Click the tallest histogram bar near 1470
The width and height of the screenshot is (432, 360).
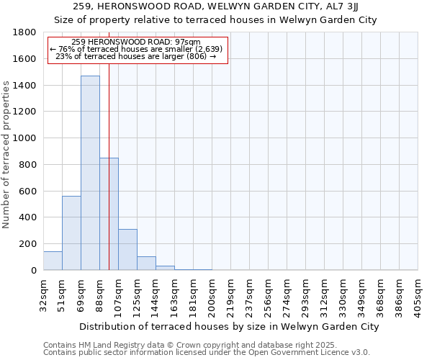pyautogui.click(x=90, y=173)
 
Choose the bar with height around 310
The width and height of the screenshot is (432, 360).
pyautogui.click(x=127, y=249)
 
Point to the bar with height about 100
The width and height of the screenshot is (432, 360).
pyautogui.click(x=146, y=264)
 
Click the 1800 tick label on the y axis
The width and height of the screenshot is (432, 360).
pyautogui.click(x=24, y=32)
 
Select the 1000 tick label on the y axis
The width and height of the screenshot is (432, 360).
pyautogui.click(x=24, y=138)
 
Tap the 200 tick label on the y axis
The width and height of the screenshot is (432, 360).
pyautogui.click(x=28, y=244)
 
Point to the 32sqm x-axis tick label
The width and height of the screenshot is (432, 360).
pyautogui.click(x=43, y=294)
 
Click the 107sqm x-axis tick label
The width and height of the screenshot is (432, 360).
pyautogui.click(x=118, y=296)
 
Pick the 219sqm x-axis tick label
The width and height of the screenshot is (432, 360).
pyautogui.click(x=230, y=296)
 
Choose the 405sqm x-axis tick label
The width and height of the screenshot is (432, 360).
pyautogui.click(x=418, y=296)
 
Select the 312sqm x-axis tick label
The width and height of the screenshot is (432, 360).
pyautogui.click(x=324, y=296)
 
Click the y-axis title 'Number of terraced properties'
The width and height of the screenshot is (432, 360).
pyautogui.click(x=7, y=155)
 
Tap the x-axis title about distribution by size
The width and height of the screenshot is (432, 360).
pyautogui.click(x=229, y=327)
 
